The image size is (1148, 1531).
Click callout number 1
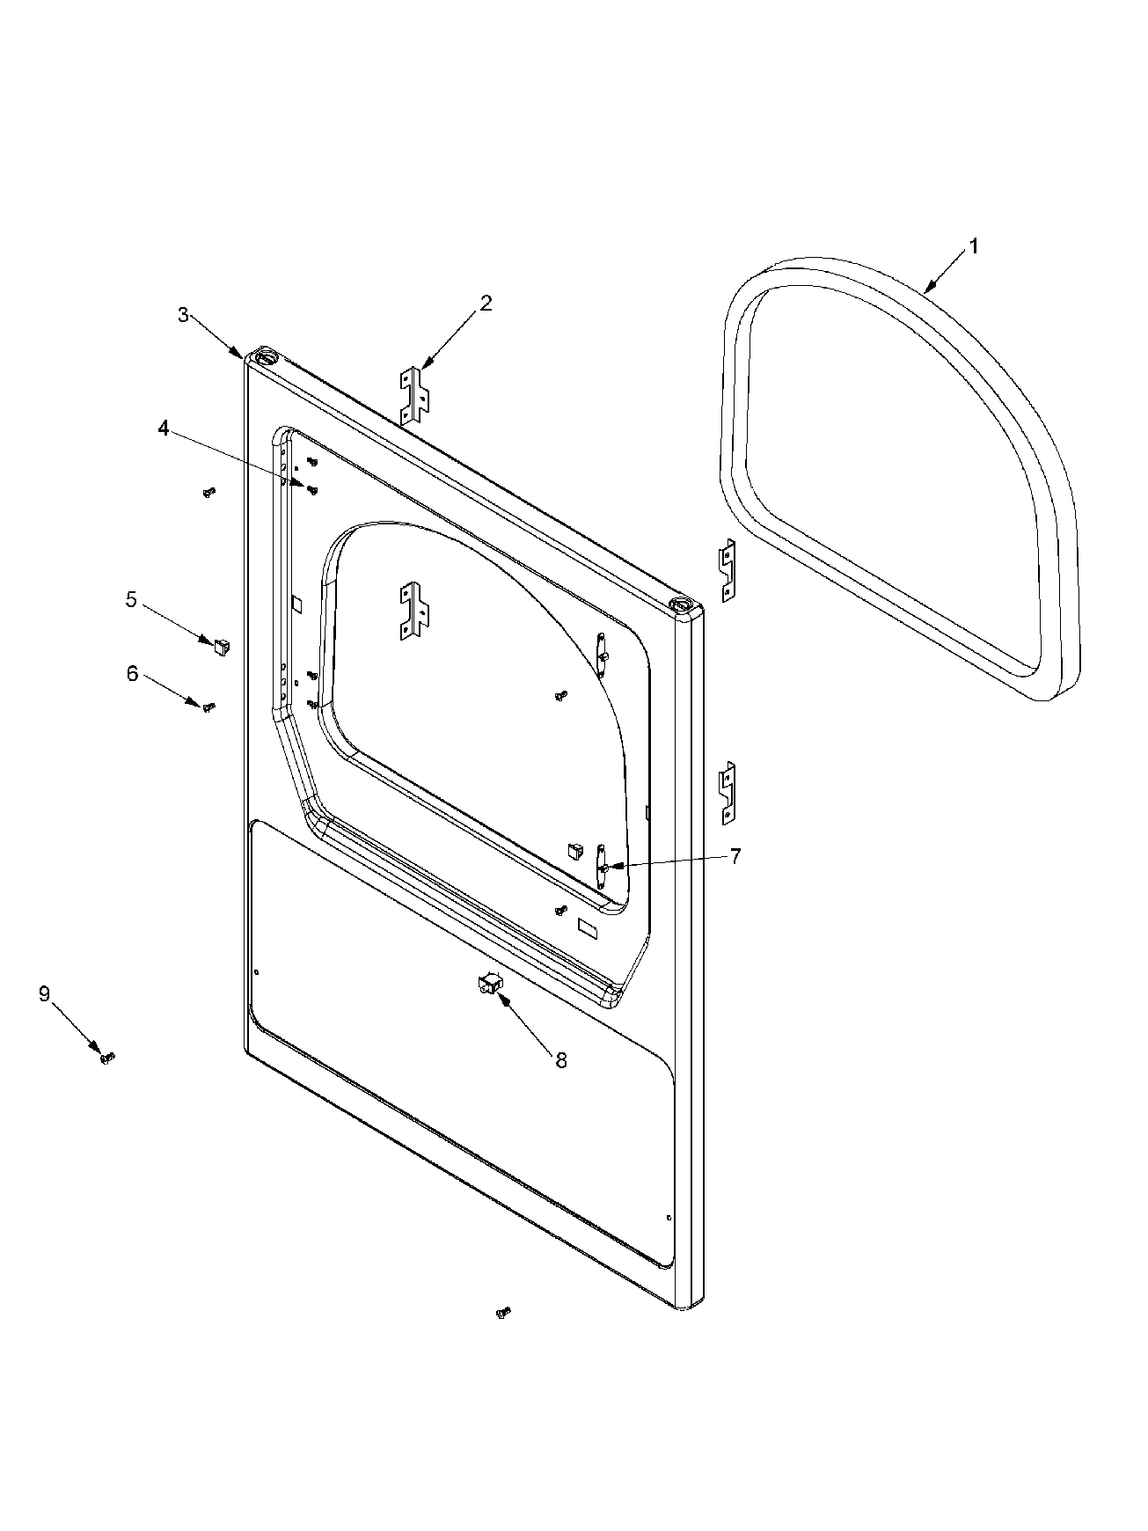(x=974, y=247)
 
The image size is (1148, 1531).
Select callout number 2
(x=486, y=304)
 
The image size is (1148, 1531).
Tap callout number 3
(x=183, y=315)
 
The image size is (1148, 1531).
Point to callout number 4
(x=163, y=429)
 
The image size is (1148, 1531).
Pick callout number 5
(x=131, y=600)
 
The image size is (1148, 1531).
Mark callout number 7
(x=735, y=856)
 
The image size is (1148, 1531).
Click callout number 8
(x=561, y=1060)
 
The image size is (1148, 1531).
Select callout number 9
(x=44, y=994)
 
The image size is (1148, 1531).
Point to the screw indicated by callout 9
(x=107, y=1057)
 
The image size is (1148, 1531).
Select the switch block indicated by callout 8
(x=489, y=985)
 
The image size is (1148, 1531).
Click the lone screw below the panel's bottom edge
(x=504, y=1312)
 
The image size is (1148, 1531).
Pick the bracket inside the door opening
(x=414, y=609)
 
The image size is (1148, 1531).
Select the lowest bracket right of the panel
(x=727, y=793)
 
